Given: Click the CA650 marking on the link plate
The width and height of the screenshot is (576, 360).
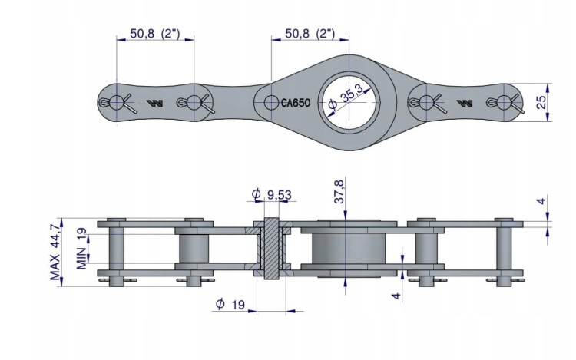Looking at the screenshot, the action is [296, 103].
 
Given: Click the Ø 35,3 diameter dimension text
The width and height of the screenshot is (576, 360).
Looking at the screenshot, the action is [345, 98].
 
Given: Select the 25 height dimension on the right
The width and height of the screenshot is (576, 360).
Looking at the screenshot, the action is [541, 102].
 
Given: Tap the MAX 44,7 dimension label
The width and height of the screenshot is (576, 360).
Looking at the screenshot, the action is [55, 252].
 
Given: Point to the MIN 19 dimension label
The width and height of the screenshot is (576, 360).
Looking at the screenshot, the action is [82, 249].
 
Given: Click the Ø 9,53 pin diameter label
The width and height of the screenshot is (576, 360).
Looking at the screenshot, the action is [271, 194].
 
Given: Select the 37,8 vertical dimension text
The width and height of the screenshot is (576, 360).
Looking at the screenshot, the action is [339, 192].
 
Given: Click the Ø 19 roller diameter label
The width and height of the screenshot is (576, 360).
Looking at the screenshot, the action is [230, 304].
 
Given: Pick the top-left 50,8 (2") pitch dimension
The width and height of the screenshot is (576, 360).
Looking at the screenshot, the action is [155, 34].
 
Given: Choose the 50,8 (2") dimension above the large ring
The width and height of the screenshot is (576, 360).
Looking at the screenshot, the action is [310, 34].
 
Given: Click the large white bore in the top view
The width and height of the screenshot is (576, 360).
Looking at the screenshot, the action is [349, 102].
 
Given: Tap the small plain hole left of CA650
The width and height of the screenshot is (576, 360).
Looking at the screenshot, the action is [271, 103].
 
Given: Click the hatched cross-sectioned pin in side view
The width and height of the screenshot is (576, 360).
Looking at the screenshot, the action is [271, 249].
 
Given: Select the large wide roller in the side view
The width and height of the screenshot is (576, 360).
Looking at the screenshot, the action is [349, 249].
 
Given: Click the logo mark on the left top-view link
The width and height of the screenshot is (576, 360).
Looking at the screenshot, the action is [154, 103].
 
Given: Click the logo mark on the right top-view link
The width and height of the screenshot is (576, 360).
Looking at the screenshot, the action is [465, 103].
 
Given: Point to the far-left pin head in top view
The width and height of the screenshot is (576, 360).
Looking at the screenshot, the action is [117, 102].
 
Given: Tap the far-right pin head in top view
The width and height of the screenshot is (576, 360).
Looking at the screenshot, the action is [504, 102].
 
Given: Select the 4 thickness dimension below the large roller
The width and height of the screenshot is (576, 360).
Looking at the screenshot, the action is [396, 296].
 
